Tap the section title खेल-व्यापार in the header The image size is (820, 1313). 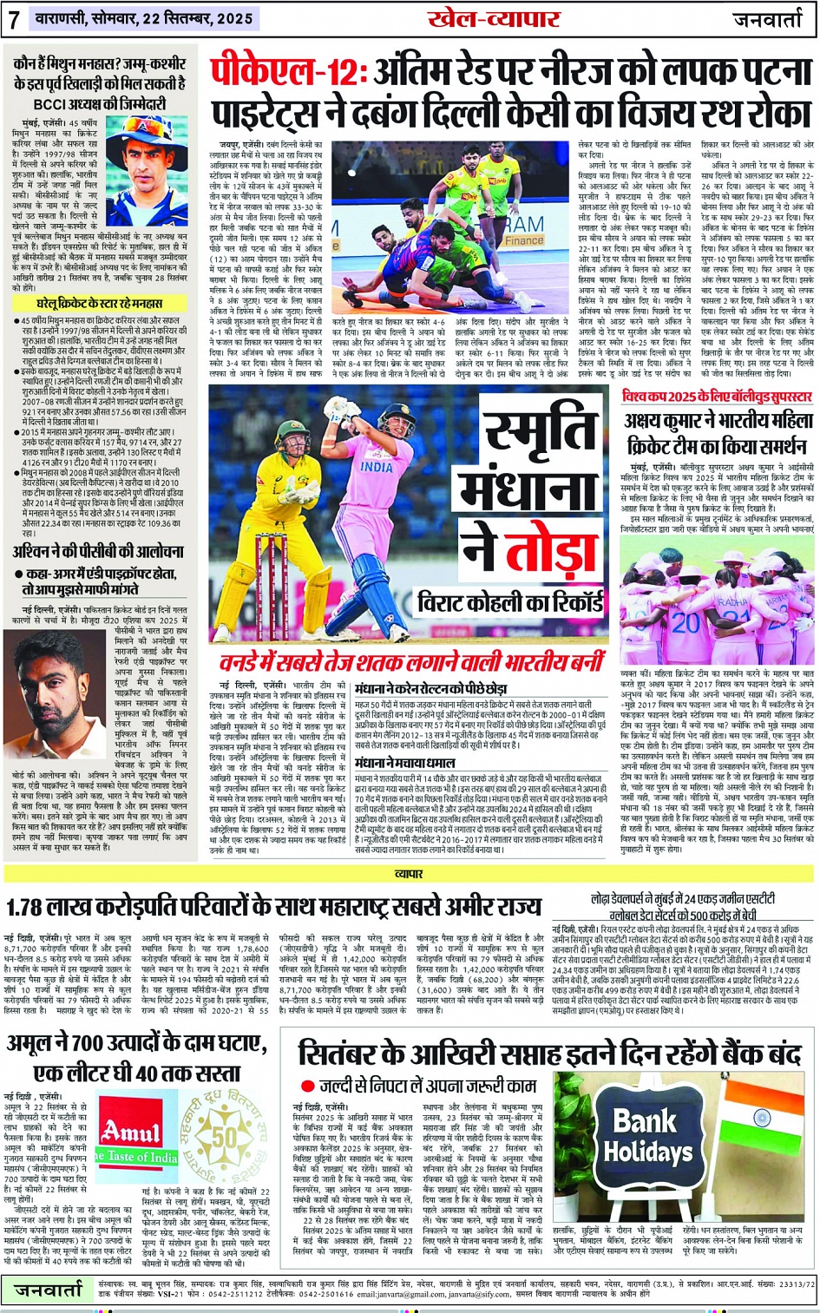(494, 19)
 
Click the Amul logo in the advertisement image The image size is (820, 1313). (130, 1131)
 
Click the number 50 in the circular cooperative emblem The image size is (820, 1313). (225, 1137)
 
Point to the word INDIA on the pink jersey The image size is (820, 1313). (377, 466)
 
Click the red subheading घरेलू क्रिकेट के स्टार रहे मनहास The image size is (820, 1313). (99, 305)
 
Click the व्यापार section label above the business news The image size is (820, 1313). (408, 874)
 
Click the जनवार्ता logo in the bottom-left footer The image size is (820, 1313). (48, 1291)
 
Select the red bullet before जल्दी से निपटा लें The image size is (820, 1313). (307, 1086)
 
